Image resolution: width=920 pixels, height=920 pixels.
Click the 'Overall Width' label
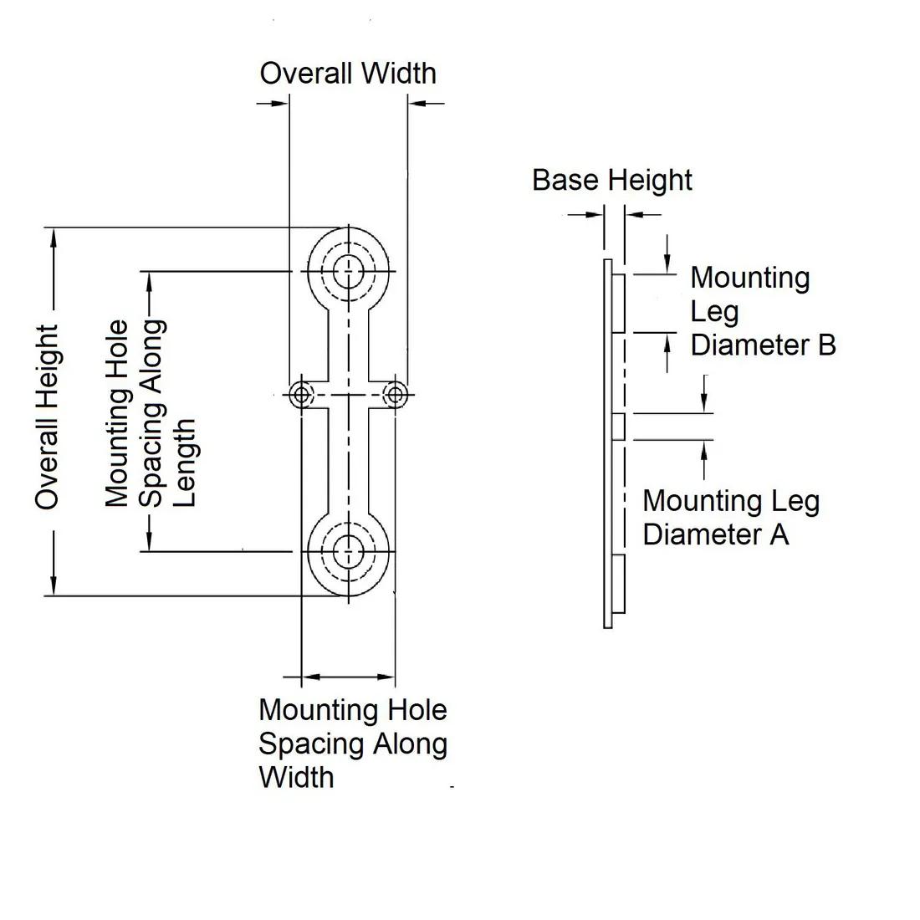[348, 74]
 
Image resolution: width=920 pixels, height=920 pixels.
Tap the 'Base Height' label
[612, 181]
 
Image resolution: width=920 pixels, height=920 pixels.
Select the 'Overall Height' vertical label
[48, 417]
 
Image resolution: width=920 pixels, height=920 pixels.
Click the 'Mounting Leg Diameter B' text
[762, 311]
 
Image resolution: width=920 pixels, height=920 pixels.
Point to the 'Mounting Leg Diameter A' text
[730, 518]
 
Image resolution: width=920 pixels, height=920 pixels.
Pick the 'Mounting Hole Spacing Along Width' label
[352, 744]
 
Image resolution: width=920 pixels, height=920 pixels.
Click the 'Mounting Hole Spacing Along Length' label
[151, 413]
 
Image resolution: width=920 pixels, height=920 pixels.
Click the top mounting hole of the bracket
[348, 271]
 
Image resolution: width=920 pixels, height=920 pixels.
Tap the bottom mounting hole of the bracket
[348, 551]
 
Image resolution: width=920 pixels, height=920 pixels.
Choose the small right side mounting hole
[396, 394]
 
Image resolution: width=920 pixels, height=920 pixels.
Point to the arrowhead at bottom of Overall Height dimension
[54, 586]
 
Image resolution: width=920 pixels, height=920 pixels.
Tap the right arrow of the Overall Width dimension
[417, 103]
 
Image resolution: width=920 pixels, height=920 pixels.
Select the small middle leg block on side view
[619, 427]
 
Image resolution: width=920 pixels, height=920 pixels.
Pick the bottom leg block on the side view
[619, 581]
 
